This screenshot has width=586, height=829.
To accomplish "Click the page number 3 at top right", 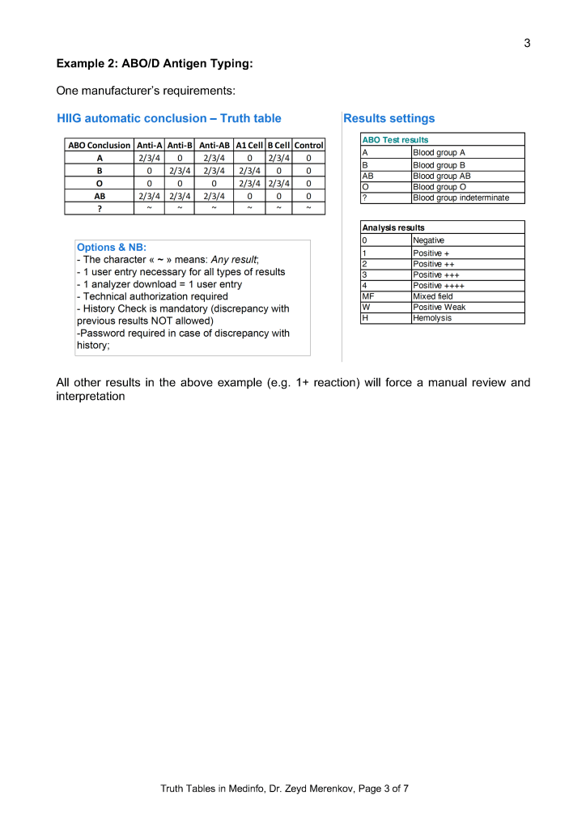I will [x=527, y=43].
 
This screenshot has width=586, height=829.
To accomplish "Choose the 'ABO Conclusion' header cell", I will [x=99, y=145].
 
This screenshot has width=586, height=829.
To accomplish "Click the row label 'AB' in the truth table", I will [x=99, y=196].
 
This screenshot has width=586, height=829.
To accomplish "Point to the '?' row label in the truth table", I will [x=99, y=208].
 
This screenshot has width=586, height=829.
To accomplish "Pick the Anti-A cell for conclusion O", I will [x=149, y=183].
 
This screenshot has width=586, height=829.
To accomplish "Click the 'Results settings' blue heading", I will [x=389, y=118].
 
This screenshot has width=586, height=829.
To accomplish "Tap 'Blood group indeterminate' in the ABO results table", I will [x=461, y=198].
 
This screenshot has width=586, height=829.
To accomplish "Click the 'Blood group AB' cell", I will [x=441, y=175].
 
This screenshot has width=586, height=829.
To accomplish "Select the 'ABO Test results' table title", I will [x=395, y=140].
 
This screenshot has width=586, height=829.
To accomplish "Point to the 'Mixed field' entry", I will [x=432, y=296].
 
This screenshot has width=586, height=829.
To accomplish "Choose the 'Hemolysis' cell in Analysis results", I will [x=432, y=318].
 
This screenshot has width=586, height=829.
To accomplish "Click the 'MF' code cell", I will [x=367, y=296].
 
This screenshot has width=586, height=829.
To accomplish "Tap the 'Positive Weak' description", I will [x=439, y=307].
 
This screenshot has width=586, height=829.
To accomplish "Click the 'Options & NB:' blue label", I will [x=111, y=248].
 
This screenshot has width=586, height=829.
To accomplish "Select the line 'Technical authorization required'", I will [x=152, y=296].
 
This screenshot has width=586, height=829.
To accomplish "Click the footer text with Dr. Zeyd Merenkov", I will [x=284, y=788].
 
